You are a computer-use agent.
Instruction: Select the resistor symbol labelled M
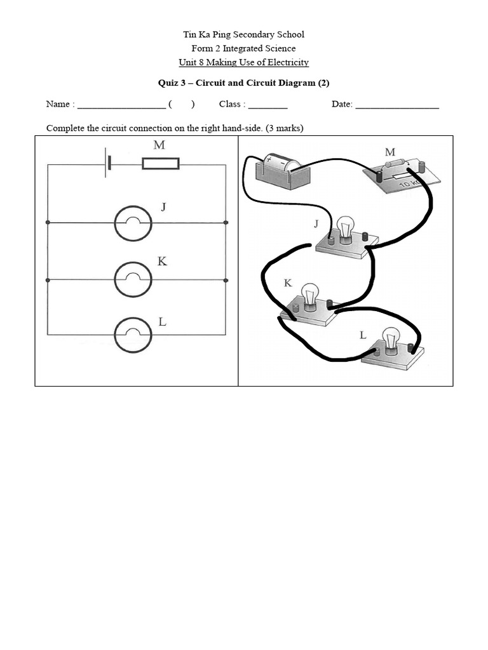tap(160, 164)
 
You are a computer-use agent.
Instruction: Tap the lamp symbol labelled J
tap(133, 223)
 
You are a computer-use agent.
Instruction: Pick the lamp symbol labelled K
tap(133, 279)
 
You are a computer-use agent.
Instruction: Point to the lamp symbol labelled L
tap(133, 335)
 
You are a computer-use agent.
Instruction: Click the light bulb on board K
tap(311, 296)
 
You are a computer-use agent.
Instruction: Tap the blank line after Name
tap(121, 105)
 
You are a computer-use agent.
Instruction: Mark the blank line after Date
tap(397, 105)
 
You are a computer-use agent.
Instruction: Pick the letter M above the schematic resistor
tap(159, 145)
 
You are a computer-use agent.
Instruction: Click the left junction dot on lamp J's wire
tap(48, 223)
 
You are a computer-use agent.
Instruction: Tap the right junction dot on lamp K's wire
tap(226, 279)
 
